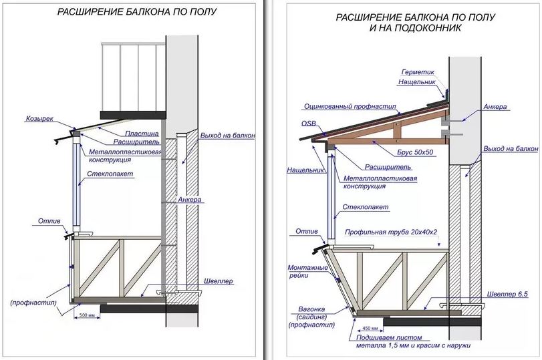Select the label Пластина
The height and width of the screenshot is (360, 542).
click(141, 134)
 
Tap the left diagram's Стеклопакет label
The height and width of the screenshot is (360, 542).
click(104, 174)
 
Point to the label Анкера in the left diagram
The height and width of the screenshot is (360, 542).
click(190, 200)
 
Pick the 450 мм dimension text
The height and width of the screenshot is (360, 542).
click(370, 329)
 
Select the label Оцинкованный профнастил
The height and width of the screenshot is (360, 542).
click(350, 106)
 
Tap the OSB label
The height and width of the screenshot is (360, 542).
click(309, 124)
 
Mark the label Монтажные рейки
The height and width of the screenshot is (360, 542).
click(307, 271)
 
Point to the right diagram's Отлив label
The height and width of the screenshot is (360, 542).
click(303, 232)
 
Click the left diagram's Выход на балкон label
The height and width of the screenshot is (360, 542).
click(227, 136)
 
